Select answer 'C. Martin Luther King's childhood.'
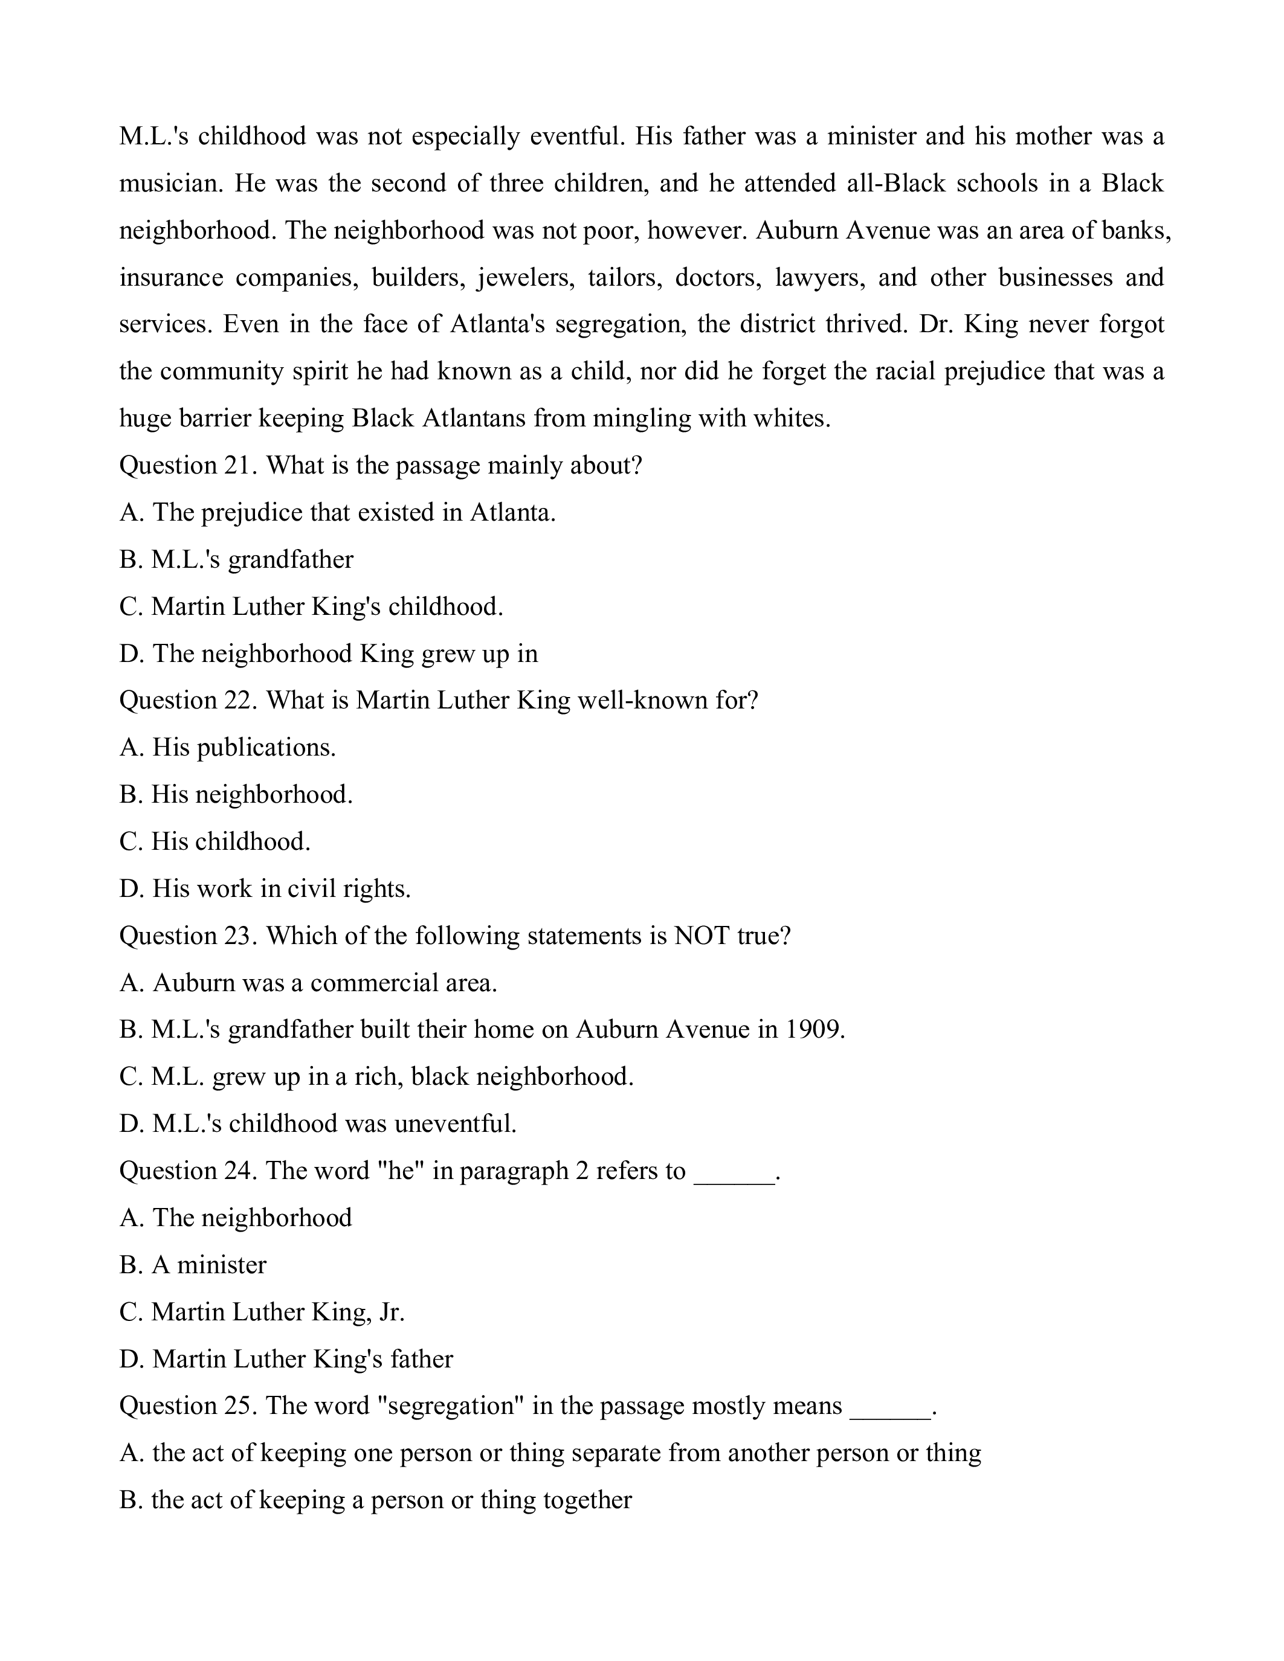pos(311,607)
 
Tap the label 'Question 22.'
pos(188,701)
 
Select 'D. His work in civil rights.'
pos(265,888)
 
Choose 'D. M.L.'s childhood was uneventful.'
pos(318,1123)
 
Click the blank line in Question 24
pos(734,1171)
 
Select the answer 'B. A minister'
pos(193,1265)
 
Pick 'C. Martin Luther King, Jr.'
pos(262,1312)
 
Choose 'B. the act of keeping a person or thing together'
pos(376,1500)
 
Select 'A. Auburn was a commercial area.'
pos(308,983)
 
